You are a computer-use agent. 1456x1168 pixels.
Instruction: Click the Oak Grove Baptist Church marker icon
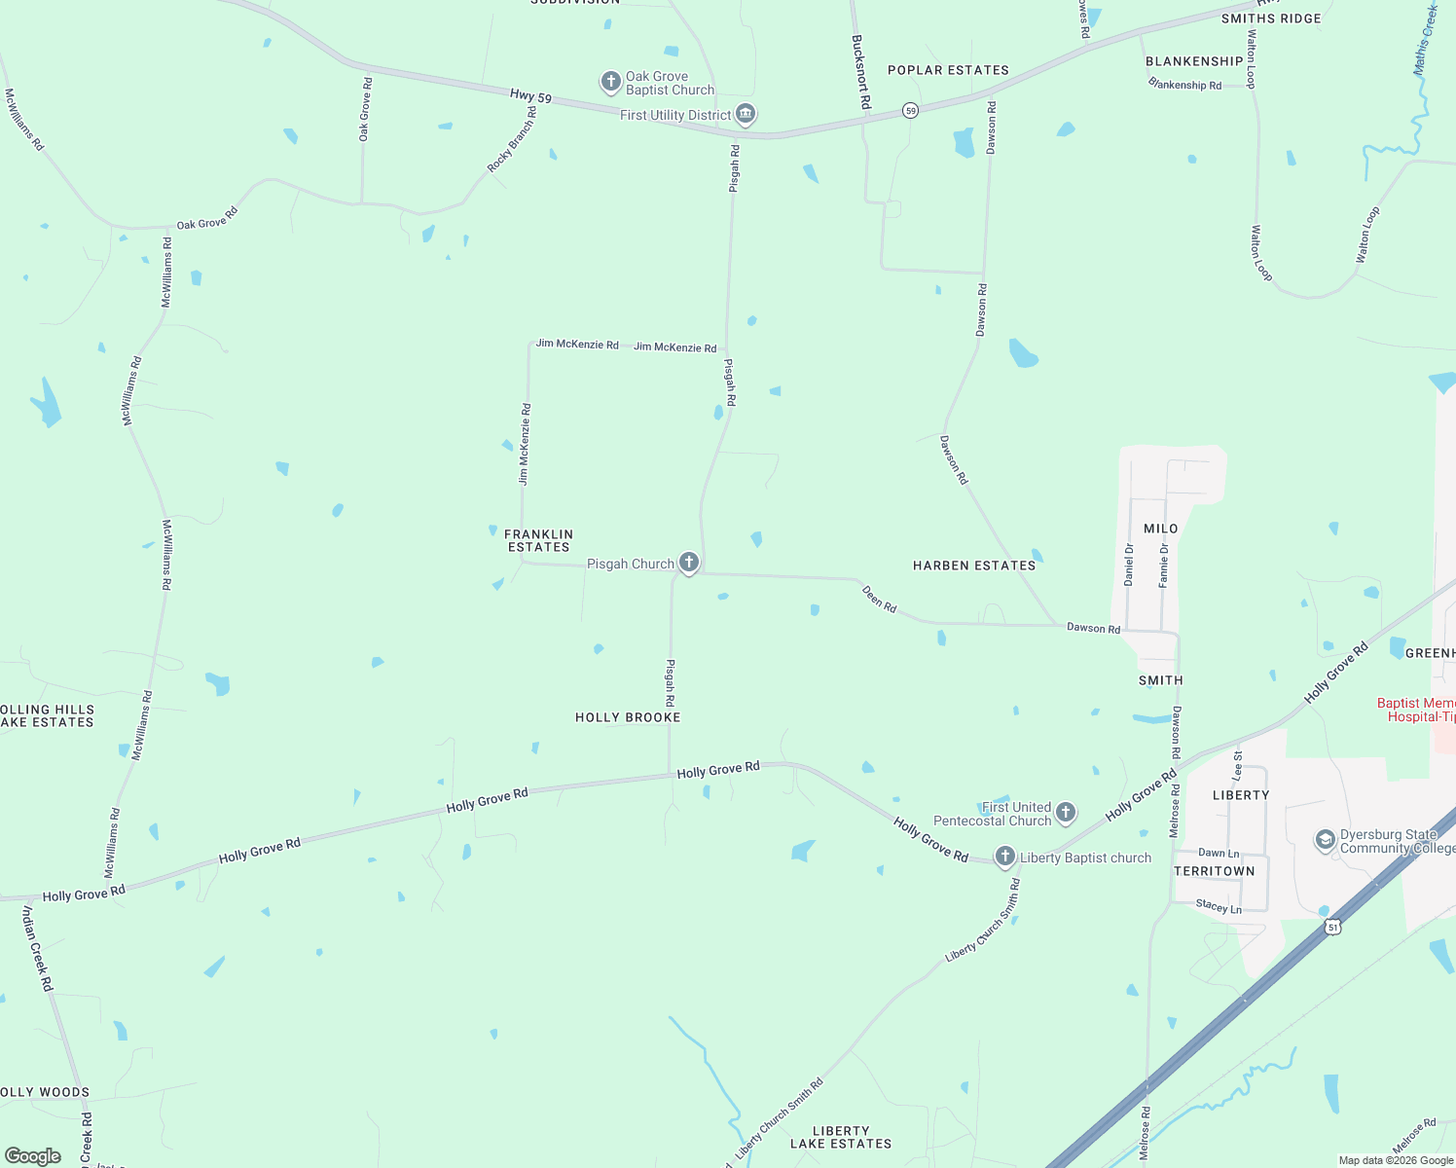point(610,82)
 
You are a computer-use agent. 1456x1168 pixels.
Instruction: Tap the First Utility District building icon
point(746,115)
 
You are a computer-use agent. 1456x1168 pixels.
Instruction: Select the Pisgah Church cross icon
point(688,563)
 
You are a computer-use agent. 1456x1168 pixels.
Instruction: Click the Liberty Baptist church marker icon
point(1005,858)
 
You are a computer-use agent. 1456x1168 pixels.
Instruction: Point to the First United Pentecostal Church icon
point(1066,813)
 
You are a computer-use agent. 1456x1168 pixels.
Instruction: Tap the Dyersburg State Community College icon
point(1325,840)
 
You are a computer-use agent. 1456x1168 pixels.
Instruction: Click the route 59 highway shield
point(910,111)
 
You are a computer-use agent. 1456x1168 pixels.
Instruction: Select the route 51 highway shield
point(1332,927)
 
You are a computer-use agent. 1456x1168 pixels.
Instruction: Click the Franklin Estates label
point(538,540)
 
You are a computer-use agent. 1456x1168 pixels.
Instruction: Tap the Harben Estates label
point(974,566)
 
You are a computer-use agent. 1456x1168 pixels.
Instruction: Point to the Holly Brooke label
point(628,717)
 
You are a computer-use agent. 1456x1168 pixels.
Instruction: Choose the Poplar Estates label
point(948,70)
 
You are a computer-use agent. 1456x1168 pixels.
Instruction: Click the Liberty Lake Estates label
point(841,1138)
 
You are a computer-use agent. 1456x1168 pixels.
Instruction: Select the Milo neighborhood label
point(1161,529)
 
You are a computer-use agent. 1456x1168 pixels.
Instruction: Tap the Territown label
point(1215,871)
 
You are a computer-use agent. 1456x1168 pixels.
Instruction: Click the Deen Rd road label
point(879,599)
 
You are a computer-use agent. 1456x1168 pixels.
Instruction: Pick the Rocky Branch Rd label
point(512,140)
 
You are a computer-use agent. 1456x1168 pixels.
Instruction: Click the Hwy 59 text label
point(530,95)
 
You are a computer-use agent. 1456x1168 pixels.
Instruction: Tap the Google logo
point(33,1155)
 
